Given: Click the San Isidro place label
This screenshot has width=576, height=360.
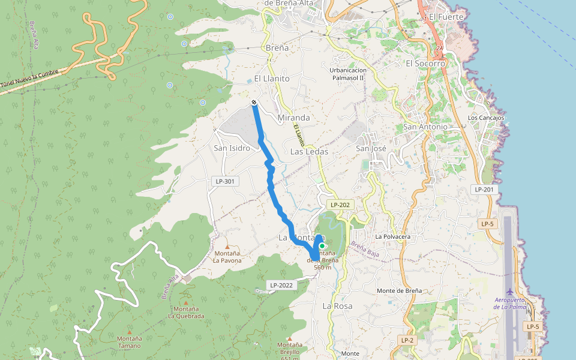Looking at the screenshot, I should click(232, 148).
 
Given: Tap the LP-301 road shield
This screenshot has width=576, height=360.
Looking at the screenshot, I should click(223, 181).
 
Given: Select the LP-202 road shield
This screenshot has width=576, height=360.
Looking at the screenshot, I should click(340, 205).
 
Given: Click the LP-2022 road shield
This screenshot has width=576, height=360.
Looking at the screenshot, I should click(281, 285).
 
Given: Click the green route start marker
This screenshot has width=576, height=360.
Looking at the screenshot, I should click(322, 246).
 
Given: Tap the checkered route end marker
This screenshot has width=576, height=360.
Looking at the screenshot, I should click(254, 103).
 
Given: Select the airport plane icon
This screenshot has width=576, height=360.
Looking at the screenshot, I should click(510, 292).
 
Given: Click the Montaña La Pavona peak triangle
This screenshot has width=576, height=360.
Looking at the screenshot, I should click(227, 247).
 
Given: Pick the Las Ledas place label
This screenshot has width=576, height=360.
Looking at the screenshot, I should click(309, 152).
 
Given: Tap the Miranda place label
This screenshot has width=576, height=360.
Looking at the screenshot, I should click(294, 118).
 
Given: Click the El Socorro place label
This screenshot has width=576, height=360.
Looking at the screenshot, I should click(425, 63).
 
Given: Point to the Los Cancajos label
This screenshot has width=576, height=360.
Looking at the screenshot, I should click(485, 118).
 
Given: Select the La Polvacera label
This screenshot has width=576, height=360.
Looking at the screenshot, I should click(393, 236).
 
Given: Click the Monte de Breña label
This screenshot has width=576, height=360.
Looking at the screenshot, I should click(399, 290).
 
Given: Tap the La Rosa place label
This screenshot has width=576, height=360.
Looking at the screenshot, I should click(338, 306).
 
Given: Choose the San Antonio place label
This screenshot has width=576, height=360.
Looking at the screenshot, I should click(425, 127).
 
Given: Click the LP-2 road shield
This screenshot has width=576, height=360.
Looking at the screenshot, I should click(407, 340).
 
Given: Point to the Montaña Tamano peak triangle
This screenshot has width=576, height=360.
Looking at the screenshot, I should click(130, 331).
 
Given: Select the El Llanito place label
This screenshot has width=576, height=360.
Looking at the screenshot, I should click(272, 79).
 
